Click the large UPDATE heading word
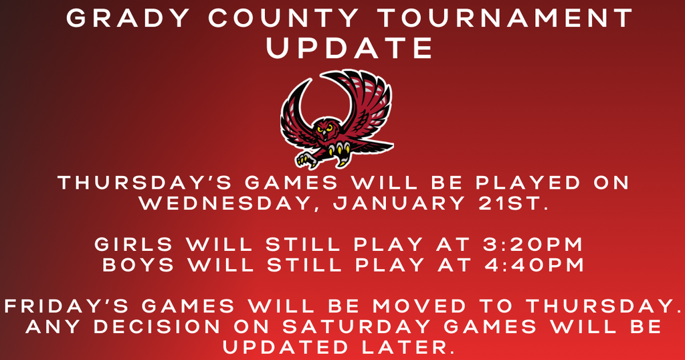(x=350, y=48)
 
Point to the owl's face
(x=326, y=128)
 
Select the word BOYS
(x=138, y=265)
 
